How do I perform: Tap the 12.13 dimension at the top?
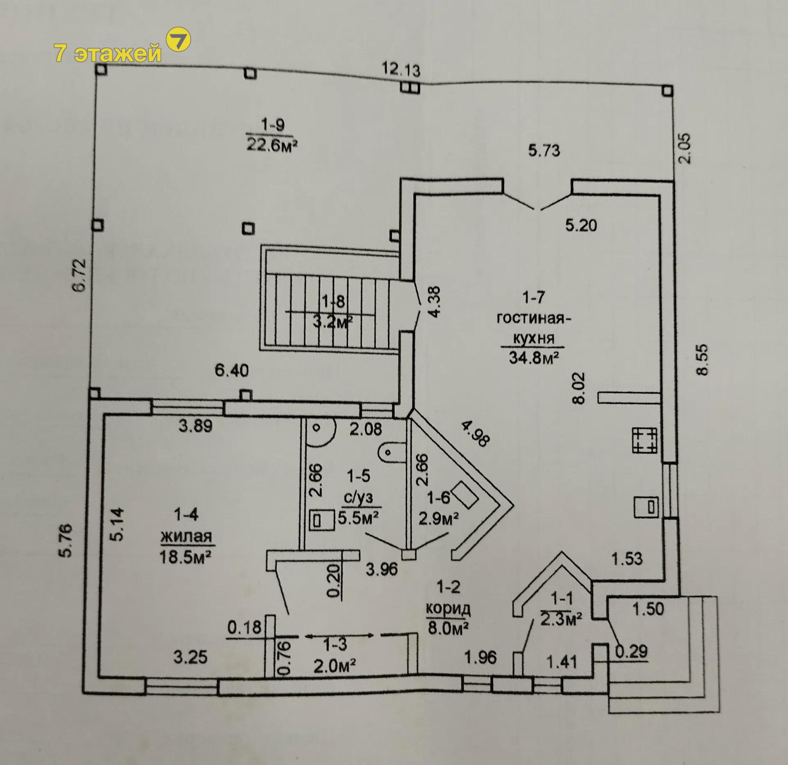click(x=401, y=69)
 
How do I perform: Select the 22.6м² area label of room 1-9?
click(x=271, y=145)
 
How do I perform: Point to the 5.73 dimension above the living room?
click(x=544, y=151)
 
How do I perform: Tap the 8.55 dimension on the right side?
click(x=702, y=359)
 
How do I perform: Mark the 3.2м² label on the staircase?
click(x=332, y=322)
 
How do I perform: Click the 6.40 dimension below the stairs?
click(x=232, y=371)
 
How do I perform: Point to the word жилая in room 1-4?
click(x=187, y=536)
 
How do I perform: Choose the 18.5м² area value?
click(x=186, y=557)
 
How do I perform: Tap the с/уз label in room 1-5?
click(x=359, y=498)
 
